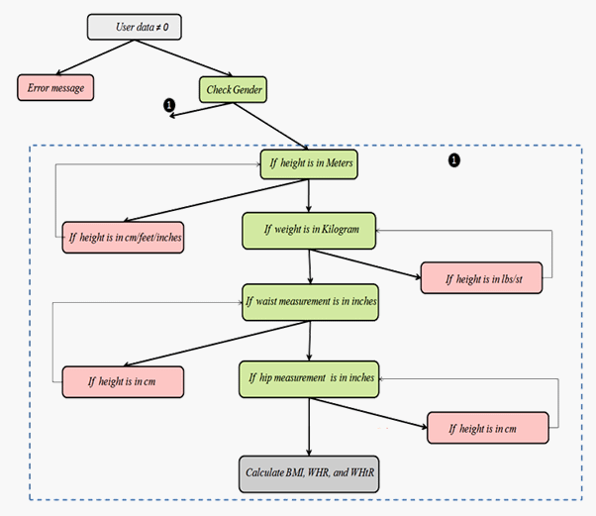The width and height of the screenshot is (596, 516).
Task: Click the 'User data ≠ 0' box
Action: click(136, 27)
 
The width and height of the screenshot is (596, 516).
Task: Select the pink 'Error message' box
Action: click(56, 87)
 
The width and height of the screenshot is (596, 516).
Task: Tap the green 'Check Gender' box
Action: click(233, 89)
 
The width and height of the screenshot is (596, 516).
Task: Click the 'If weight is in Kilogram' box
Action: click(309, 231)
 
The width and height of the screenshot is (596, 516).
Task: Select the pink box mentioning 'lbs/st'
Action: click(485, 278)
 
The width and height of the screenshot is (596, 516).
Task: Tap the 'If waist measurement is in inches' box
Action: click(311, 301)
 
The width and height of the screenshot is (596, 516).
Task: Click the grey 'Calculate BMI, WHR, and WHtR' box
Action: click(308, 469)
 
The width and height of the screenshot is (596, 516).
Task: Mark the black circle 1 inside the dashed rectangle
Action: click(454, 158)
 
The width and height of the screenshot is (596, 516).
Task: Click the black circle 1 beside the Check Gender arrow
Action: click(169, 104)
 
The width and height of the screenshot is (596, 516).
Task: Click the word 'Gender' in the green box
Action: click(248, 89)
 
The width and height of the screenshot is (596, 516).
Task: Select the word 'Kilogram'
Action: click(347, 231)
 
